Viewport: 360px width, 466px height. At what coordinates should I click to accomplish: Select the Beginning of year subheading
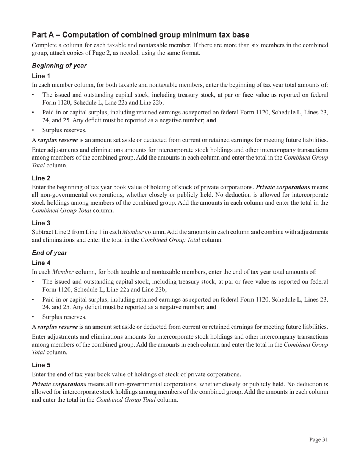(59, 66)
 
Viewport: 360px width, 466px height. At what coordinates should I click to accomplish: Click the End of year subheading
(49, 253)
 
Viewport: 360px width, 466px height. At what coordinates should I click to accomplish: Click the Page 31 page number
(318, 440)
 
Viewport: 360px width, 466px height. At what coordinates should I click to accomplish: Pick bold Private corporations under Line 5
(59, 384)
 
